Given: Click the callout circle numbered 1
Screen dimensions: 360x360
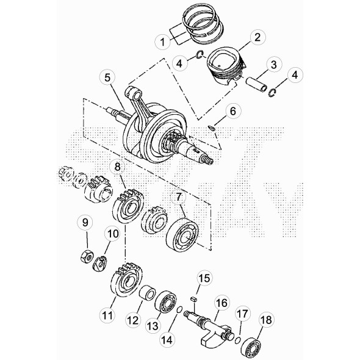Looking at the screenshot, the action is pos(162,42).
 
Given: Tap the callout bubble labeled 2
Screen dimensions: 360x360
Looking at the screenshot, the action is pos(257,37).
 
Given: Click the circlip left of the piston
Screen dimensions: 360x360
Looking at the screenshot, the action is pos(200,55).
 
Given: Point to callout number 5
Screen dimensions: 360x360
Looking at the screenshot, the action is pos(108,77).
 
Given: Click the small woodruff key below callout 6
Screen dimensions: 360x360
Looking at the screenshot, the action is pos(212,128).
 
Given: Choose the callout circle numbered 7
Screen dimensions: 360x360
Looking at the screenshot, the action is pos(179,198).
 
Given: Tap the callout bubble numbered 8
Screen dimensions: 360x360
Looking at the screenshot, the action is pos(117,167).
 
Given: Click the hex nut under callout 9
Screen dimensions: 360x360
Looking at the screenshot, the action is pos(87,256).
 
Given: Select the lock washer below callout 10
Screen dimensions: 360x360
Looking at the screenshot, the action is pos(100,264).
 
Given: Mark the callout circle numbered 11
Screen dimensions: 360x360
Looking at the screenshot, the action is pos(107,315).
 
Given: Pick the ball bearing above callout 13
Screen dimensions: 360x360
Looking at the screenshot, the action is pos(165,301).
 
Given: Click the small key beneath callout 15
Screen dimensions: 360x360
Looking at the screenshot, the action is pos(194,299).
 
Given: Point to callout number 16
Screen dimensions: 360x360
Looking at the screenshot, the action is pos(221,303).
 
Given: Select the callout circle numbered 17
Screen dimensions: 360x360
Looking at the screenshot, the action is pos(242,314).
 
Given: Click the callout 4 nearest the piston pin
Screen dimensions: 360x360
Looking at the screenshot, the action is pos(295,75).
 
